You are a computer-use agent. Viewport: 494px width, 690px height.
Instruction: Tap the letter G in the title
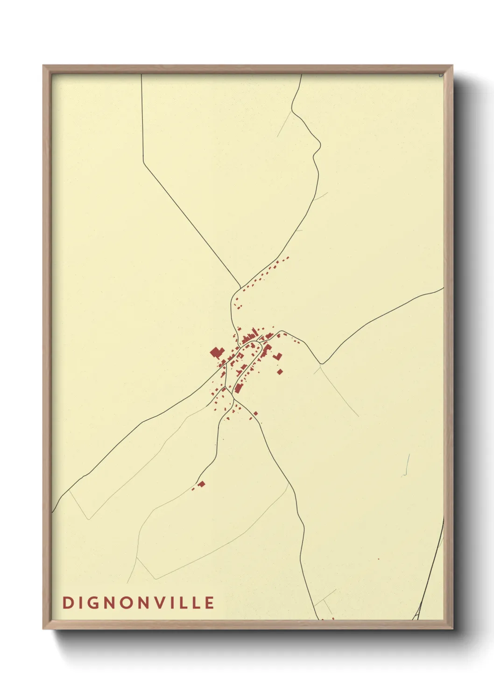click(93, 602)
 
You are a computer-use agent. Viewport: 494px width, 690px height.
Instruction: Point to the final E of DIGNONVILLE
click(210, 602)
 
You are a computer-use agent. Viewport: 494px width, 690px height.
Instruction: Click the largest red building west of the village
click(216, 352)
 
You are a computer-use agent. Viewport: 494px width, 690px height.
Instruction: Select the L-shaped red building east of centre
click(278, 357)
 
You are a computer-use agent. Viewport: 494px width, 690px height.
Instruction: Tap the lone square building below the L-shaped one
click(280, 372)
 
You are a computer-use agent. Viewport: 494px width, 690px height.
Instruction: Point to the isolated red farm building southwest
click(201, 484)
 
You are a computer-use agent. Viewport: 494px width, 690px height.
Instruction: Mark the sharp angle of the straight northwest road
click(143, 163)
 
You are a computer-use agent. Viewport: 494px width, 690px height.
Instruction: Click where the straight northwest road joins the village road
click(240, 287)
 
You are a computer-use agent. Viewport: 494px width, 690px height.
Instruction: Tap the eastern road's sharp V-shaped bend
click(321, 363)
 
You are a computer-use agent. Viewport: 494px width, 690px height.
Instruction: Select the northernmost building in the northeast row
click(288, 257)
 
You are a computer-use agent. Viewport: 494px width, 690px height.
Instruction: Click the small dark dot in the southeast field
click(378, 559)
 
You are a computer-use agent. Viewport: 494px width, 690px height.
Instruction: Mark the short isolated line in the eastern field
click(407, 465)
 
